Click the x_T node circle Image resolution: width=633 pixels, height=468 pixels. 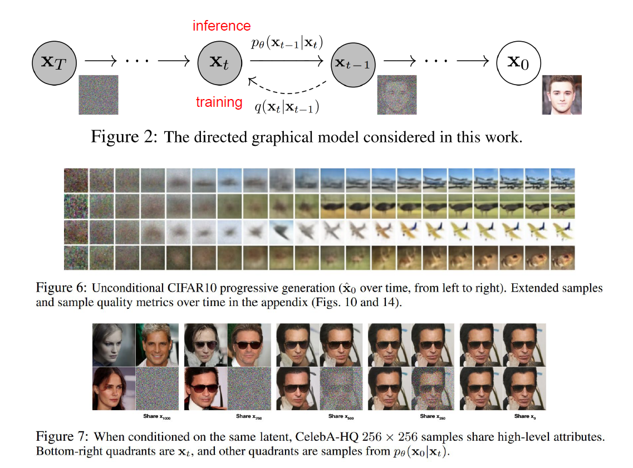(54, 61)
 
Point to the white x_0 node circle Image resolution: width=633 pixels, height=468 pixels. (518, 61)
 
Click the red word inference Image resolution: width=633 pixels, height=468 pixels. (222, 26)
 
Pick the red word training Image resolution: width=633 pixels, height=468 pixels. (219, 102)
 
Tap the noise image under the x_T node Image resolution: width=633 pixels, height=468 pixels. (99, 95)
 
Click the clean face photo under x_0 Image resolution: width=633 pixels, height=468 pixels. (562, 95)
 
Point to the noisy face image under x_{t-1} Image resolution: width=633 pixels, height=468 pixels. (397, 95)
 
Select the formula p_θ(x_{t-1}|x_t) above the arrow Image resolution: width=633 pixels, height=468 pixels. (287, 42)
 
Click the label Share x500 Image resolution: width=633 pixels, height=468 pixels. (340, 416)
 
